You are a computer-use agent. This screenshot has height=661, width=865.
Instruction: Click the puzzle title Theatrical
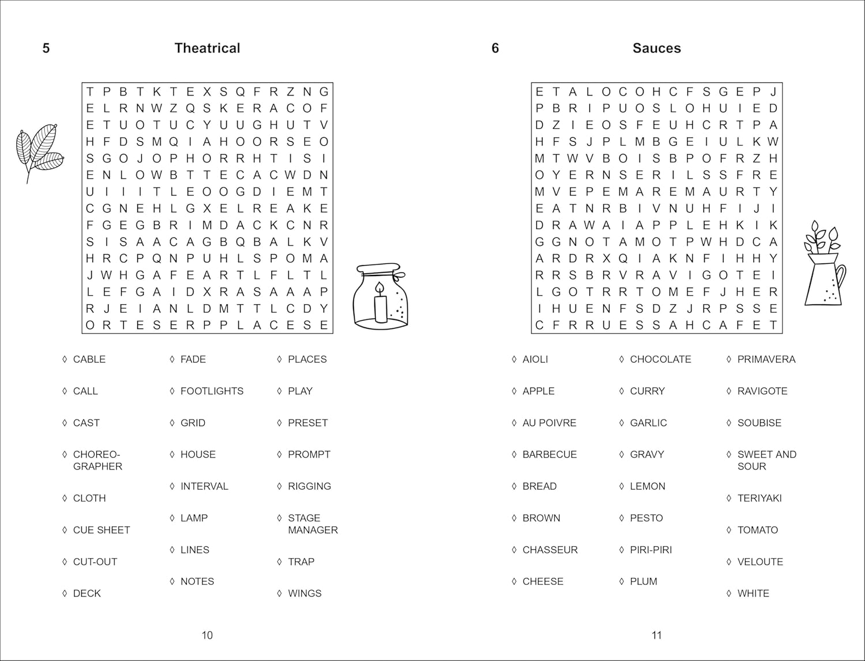coord(207,48)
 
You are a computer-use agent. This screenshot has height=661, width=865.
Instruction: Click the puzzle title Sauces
coord(656,48)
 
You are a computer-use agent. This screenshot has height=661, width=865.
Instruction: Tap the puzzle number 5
coord(46,48)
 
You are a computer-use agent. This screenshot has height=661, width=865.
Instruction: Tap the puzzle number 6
coord(495,48)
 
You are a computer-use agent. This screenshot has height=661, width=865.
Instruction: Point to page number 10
coord(207,635)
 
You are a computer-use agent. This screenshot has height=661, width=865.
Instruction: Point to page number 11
coord(656,635)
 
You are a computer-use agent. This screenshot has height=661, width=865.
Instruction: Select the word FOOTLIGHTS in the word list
coord(212,391)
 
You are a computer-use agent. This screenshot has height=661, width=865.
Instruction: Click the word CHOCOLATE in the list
coord(660,359)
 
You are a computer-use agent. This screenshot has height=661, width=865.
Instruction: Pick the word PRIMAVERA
coord(766,359)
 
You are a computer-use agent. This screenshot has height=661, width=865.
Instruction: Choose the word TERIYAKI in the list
coord(759,498)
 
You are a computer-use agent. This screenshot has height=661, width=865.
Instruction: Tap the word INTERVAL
coord(204,486)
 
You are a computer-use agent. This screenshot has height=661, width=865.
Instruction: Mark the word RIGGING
coord(309,486)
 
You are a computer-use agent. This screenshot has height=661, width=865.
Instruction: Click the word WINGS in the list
coord(304,593)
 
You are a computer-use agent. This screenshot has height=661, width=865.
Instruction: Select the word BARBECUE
coord(549,454)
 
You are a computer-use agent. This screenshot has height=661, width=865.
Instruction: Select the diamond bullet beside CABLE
coord(65,359)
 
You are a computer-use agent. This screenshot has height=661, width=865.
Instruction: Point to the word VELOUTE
coord(760,561)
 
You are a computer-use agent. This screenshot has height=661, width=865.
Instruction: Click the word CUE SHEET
coord(101,530)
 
